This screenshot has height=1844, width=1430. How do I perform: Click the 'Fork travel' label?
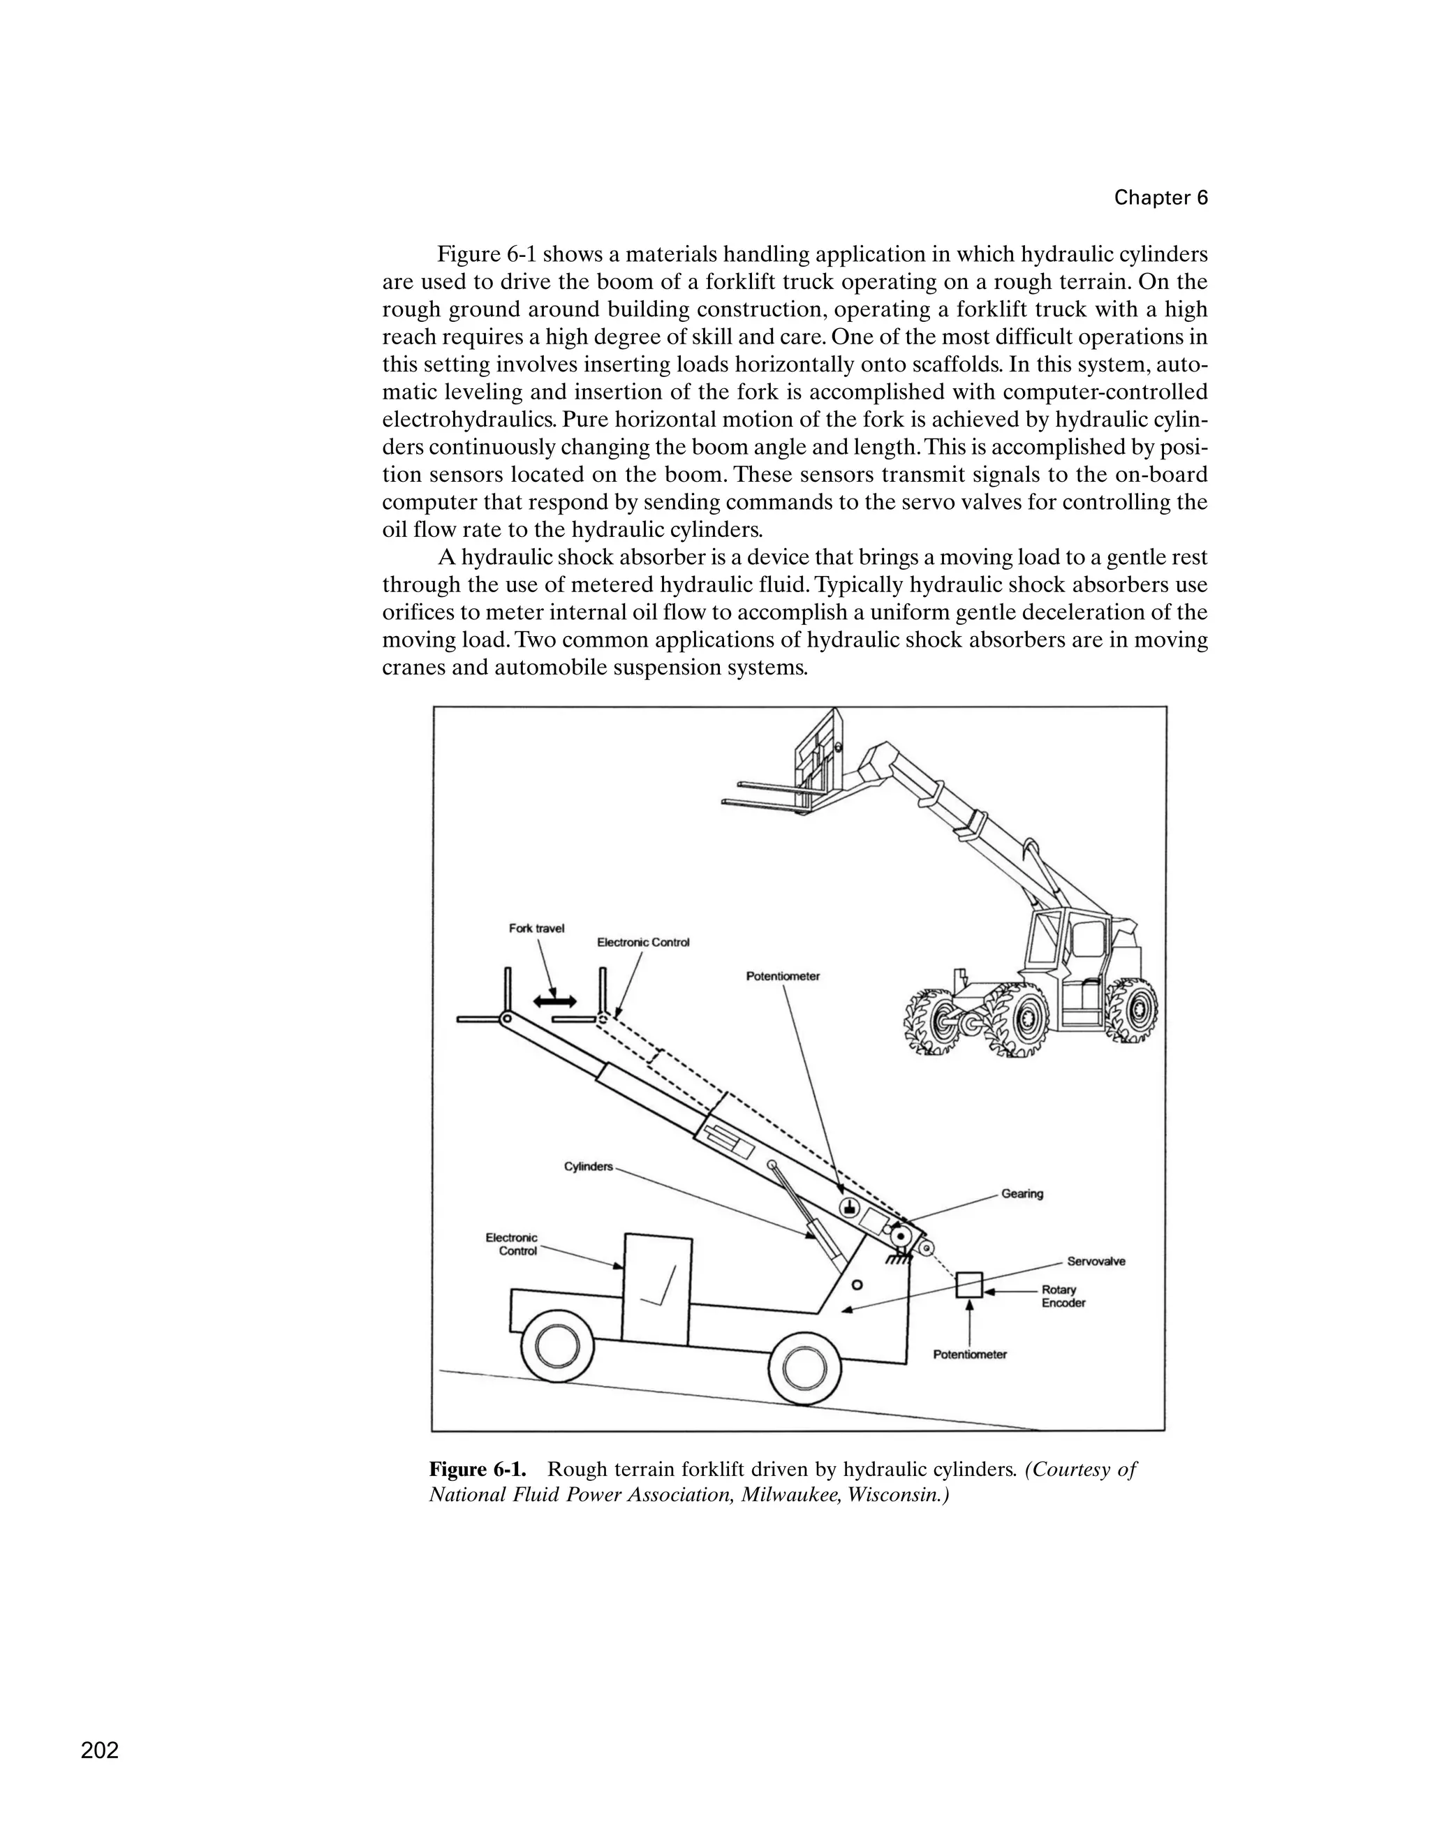536,928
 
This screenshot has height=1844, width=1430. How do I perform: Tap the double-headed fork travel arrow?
554,1001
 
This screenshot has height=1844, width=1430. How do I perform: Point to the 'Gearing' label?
1022,1194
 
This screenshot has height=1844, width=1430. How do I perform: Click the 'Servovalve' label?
1096,1262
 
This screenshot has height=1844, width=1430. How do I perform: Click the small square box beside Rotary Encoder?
969,1285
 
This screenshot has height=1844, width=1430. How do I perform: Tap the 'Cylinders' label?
589,1167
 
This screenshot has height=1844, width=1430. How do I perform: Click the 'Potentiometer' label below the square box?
970,1355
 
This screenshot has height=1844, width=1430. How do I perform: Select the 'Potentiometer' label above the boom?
783,976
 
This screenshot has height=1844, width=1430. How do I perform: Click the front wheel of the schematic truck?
554,1348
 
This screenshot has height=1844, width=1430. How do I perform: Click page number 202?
100,1750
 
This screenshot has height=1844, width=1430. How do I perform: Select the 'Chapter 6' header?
1160,198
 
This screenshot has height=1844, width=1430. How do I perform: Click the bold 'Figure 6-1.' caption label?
478,1469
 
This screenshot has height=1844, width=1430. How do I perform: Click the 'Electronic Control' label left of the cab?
513,1244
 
